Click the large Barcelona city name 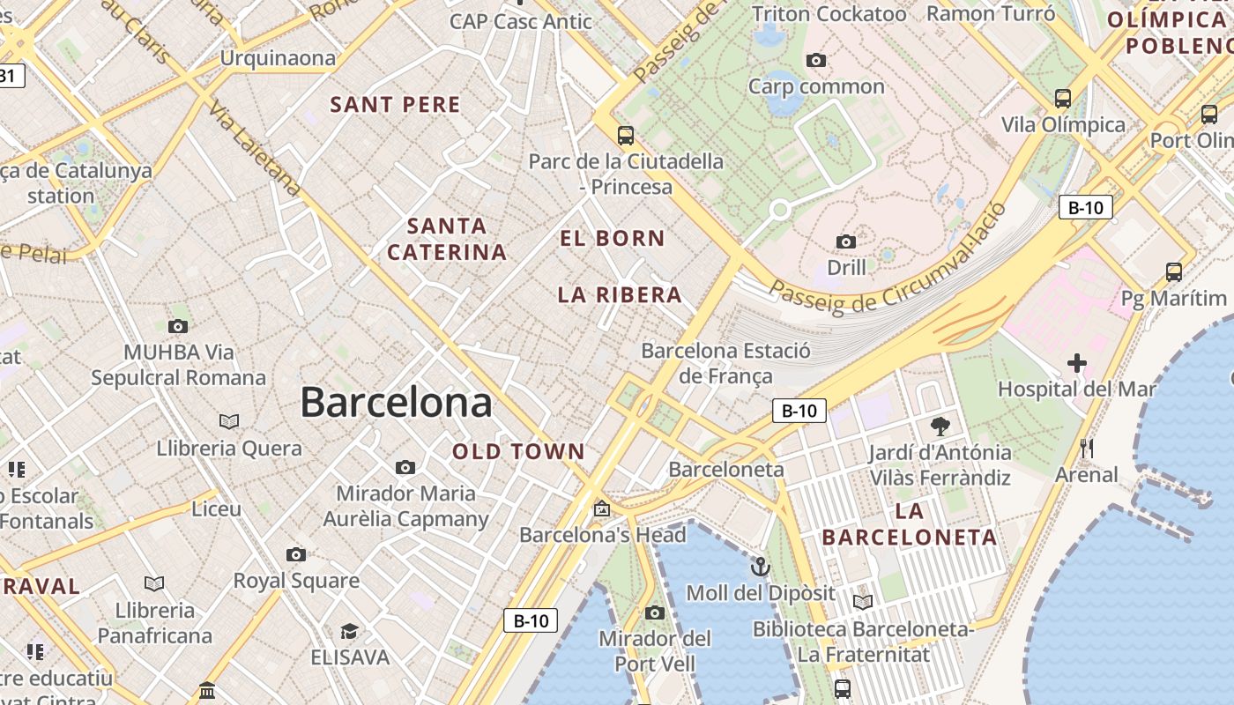click(x=396, y=403)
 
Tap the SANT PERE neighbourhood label click(x=395, y=105)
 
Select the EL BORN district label click(x=613, y=238)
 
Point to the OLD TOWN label click(x=518, y=452)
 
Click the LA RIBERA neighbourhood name click(x=620, y=295)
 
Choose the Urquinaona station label click(x=278, y=59)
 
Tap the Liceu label click(x=216, y=508)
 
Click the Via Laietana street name click(x=255, y=148)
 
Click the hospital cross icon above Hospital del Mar click(x=1076, y=362)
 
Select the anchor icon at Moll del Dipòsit click(x=760, y=566)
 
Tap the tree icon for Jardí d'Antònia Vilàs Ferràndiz click(x=940, y=427)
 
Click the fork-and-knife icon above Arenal click(x=1086, y=449)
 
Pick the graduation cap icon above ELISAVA click(x=349, y=631)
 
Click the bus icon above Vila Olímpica click(x=1063, y=98)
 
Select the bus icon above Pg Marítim click(x=1173, y=271)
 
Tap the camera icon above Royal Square click(x=296, y=554)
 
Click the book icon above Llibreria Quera click(x=229, y=421)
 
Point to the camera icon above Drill click(x=846, y=241)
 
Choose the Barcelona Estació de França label click(x=725, y=363)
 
